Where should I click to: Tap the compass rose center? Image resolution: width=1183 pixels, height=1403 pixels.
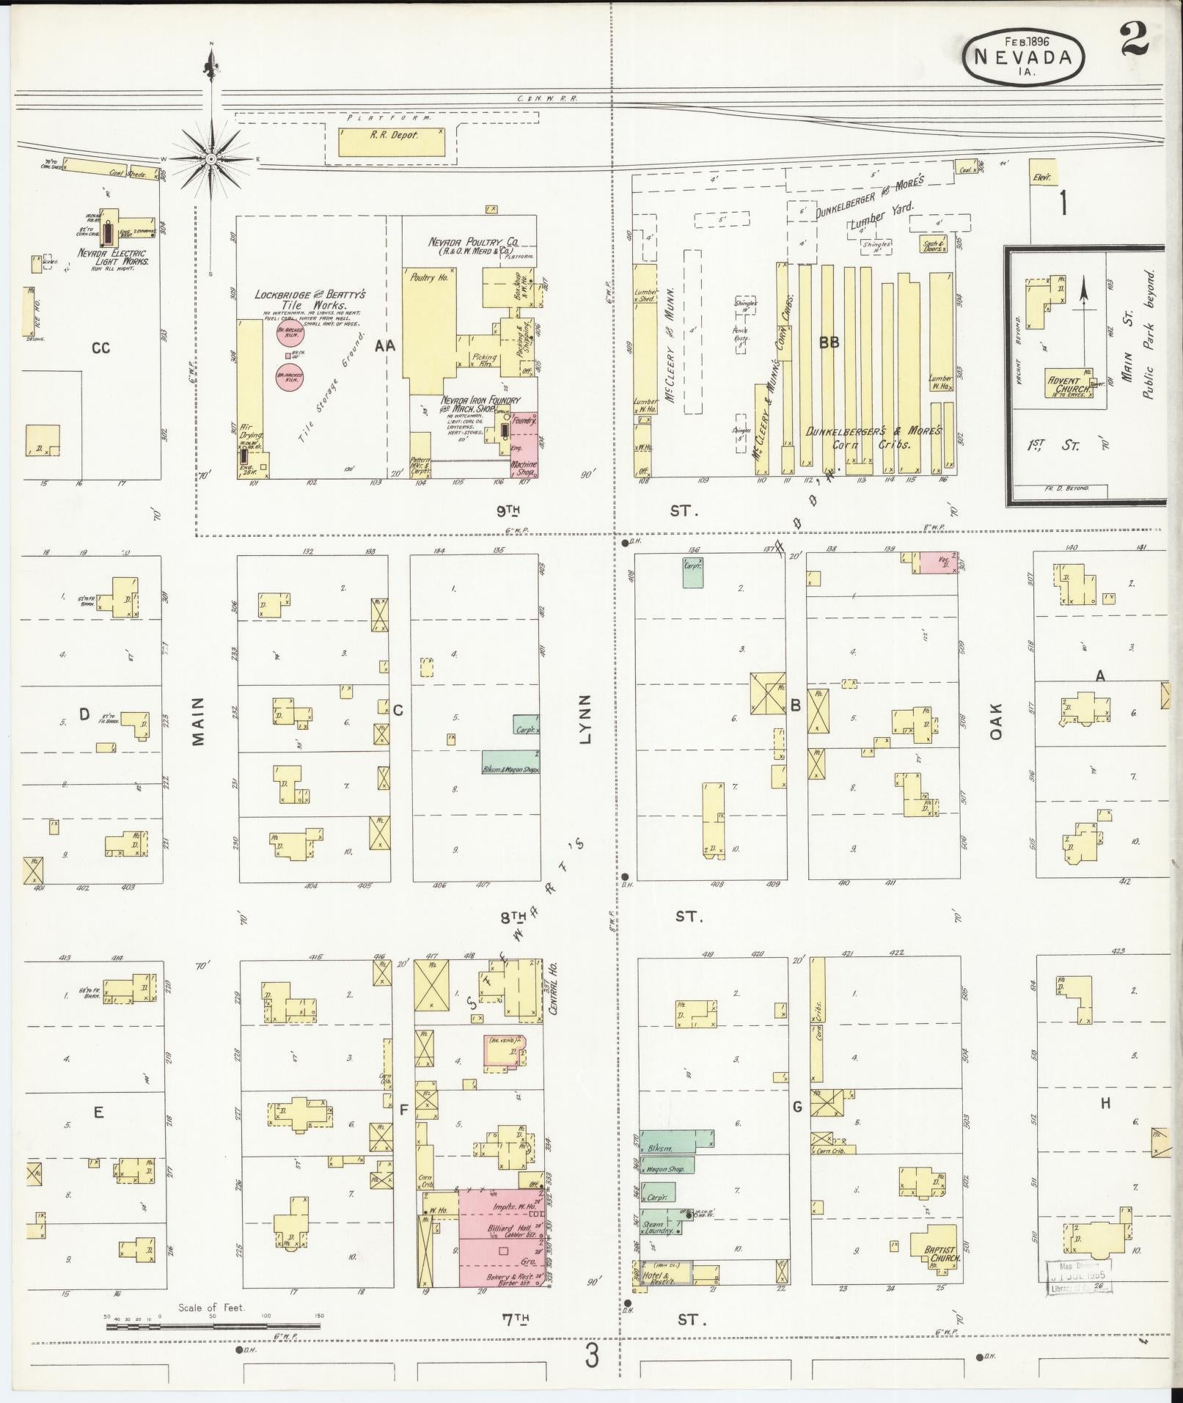(x=211, y=159)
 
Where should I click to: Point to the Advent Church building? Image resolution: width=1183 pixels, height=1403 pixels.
(x=1069, y=384)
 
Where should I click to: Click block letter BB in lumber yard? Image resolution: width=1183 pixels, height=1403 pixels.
(x=829, y=342)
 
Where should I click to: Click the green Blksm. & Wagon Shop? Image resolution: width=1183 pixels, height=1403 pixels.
(x=510, y=763)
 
